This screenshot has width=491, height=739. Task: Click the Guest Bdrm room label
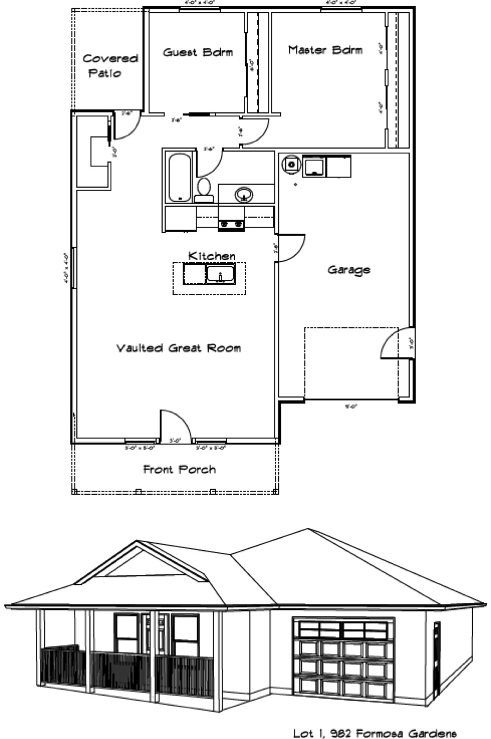(197, 52)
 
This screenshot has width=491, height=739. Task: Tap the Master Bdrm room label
(325, 50)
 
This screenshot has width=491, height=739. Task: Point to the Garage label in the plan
(349, 269)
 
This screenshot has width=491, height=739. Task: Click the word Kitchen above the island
(212, 256)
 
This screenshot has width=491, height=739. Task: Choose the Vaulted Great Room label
(178, 348)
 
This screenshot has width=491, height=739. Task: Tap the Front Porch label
(179, 469)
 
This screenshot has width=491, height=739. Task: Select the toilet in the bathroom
(204, 187)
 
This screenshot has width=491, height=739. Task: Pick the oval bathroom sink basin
(244, 194)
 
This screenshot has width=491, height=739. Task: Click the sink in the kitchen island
(220, 274)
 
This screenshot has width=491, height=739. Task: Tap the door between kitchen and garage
(290, 248)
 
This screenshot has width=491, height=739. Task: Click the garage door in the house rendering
(343, 664)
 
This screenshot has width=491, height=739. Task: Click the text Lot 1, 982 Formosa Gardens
(374, 732)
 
